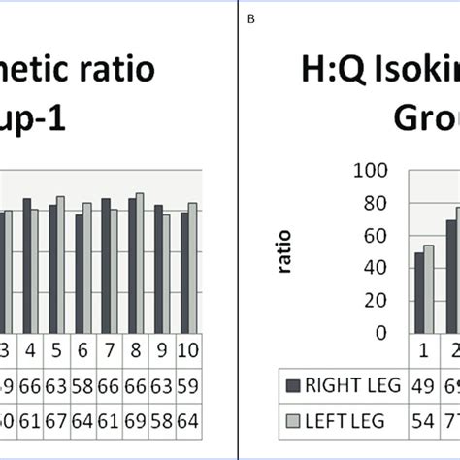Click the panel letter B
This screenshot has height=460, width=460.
click(250, 14)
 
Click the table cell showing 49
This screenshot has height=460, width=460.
click(424, 384)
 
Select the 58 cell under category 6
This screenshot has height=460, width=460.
click(84, 384)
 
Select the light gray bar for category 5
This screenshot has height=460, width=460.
click(61, 265)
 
